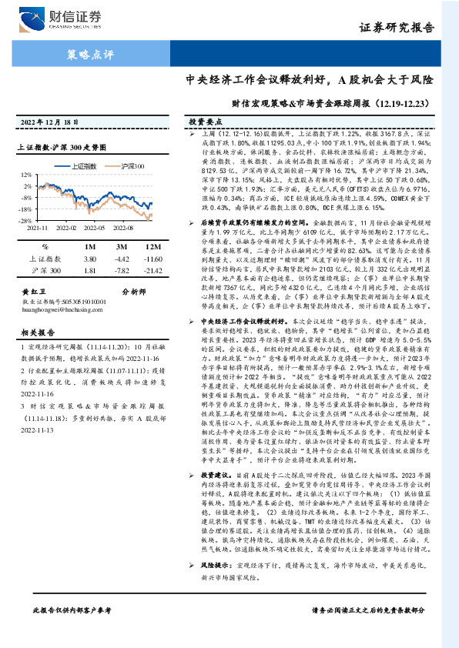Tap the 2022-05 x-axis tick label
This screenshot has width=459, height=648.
[x=95, y=228]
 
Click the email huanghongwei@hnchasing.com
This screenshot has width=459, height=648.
[x=59, y=309]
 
